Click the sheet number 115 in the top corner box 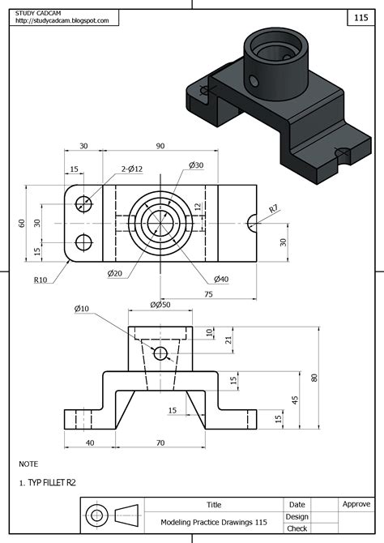(x=361, y=17)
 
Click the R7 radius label (x=273, y=209)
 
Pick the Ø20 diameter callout (x=114, y=273)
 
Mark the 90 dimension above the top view (x=160, y=146)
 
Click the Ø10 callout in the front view (x=82, y=309)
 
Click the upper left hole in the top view (x=83, y=203)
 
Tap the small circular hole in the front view (x=160, y=353)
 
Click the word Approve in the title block (x=356, y=504)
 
